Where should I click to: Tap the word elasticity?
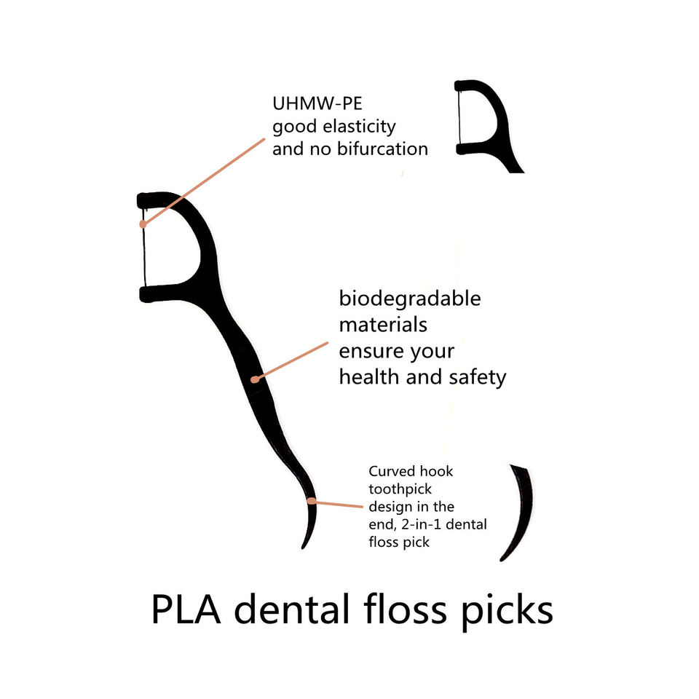(x=359, y=127)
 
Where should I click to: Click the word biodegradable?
(x=410, y=299)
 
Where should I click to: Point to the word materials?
(x=383, y=325)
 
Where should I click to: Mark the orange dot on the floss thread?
(x=143, y=224)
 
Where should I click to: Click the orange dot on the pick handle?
(x=255, y=379)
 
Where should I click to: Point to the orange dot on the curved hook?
(x=312, y=501)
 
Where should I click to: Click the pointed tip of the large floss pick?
(x=303, y=548)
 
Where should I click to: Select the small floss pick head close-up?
(x=484, y=120)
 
